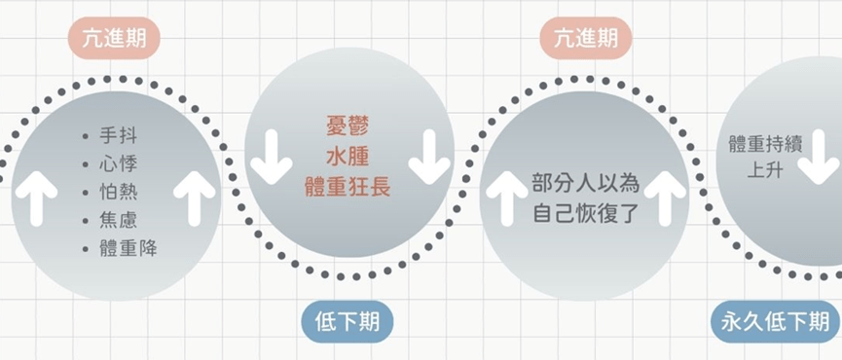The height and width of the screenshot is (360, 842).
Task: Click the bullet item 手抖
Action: click(x=118, y=136)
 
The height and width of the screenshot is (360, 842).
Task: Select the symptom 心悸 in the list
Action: click(x=118, y=163)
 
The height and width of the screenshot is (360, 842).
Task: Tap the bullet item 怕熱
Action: click(x=118, y=192)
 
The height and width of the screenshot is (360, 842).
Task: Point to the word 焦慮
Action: click(x=118, y=221)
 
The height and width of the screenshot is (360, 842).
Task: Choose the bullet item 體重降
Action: click(x=128, y=248)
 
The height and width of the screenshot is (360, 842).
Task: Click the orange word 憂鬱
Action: click(x=348, y=126)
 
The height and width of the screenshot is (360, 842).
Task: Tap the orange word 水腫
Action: click(x=348, y=158)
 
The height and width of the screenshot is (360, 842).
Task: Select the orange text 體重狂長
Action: click(x=348, y=188)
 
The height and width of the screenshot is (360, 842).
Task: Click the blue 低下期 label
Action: click(x=348, y=322)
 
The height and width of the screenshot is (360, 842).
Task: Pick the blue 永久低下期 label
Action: click(x=776, y=322)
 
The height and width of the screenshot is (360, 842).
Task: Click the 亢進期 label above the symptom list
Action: click(x=114, y=38)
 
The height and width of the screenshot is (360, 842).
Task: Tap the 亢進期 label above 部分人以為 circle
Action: click(x=586, y=38)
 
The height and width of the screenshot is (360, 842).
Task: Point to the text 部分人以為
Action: click(x=586, y=183)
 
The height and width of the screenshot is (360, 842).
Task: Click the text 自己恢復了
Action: click(x=586, y=214)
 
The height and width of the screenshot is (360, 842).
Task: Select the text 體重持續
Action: click(x=765, y=144)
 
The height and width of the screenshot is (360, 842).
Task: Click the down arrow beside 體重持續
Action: click(x=818, y=157)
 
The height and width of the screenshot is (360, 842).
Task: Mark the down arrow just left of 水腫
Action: click(x=272, y=157)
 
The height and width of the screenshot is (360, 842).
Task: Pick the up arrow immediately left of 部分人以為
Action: click(x=506, y=198)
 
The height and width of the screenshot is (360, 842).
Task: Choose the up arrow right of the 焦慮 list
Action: click(x=195, y=198)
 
